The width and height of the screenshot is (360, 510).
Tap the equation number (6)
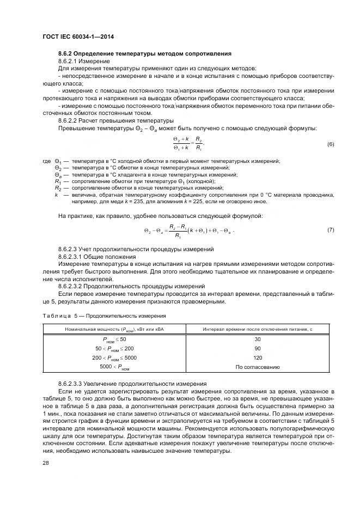330,144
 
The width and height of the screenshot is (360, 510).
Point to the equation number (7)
330,230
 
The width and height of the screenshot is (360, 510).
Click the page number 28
45,462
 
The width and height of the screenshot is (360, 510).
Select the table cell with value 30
257,339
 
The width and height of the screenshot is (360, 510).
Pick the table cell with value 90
257,349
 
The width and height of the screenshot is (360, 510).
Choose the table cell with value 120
257,358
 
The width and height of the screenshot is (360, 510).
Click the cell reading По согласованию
257,367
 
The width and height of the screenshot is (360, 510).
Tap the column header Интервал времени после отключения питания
257,329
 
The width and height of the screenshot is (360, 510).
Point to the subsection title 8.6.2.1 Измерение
84,61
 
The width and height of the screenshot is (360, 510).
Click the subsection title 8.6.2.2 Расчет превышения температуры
115,120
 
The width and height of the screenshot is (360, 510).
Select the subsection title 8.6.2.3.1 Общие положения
96,256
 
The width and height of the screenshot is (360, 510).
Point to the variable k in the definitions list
56,195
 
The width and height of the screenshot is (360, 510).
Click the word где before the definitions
46,162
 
